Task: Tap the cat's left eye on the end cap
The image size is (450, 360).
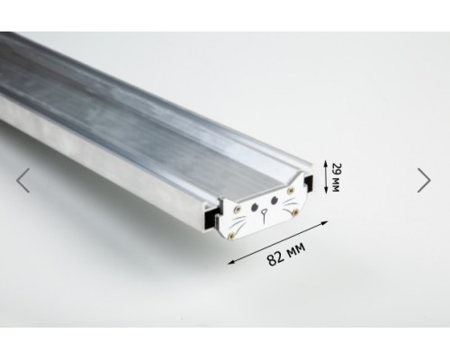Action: (254, 207)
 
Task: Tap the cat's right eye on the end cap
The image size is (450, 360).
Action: (274, 200)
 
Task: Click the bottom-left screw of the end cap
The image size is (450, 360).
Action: (231, 237)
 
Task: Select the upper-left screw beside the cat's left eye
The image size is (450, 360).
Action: (238, 208)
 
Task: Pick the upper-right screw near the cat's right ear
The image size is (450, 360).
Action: (290, 191)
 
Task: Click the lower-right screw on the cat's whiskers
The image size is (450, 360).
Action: (295, 212)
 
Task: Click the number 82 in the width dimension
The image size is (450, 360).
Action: (274, 258)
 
